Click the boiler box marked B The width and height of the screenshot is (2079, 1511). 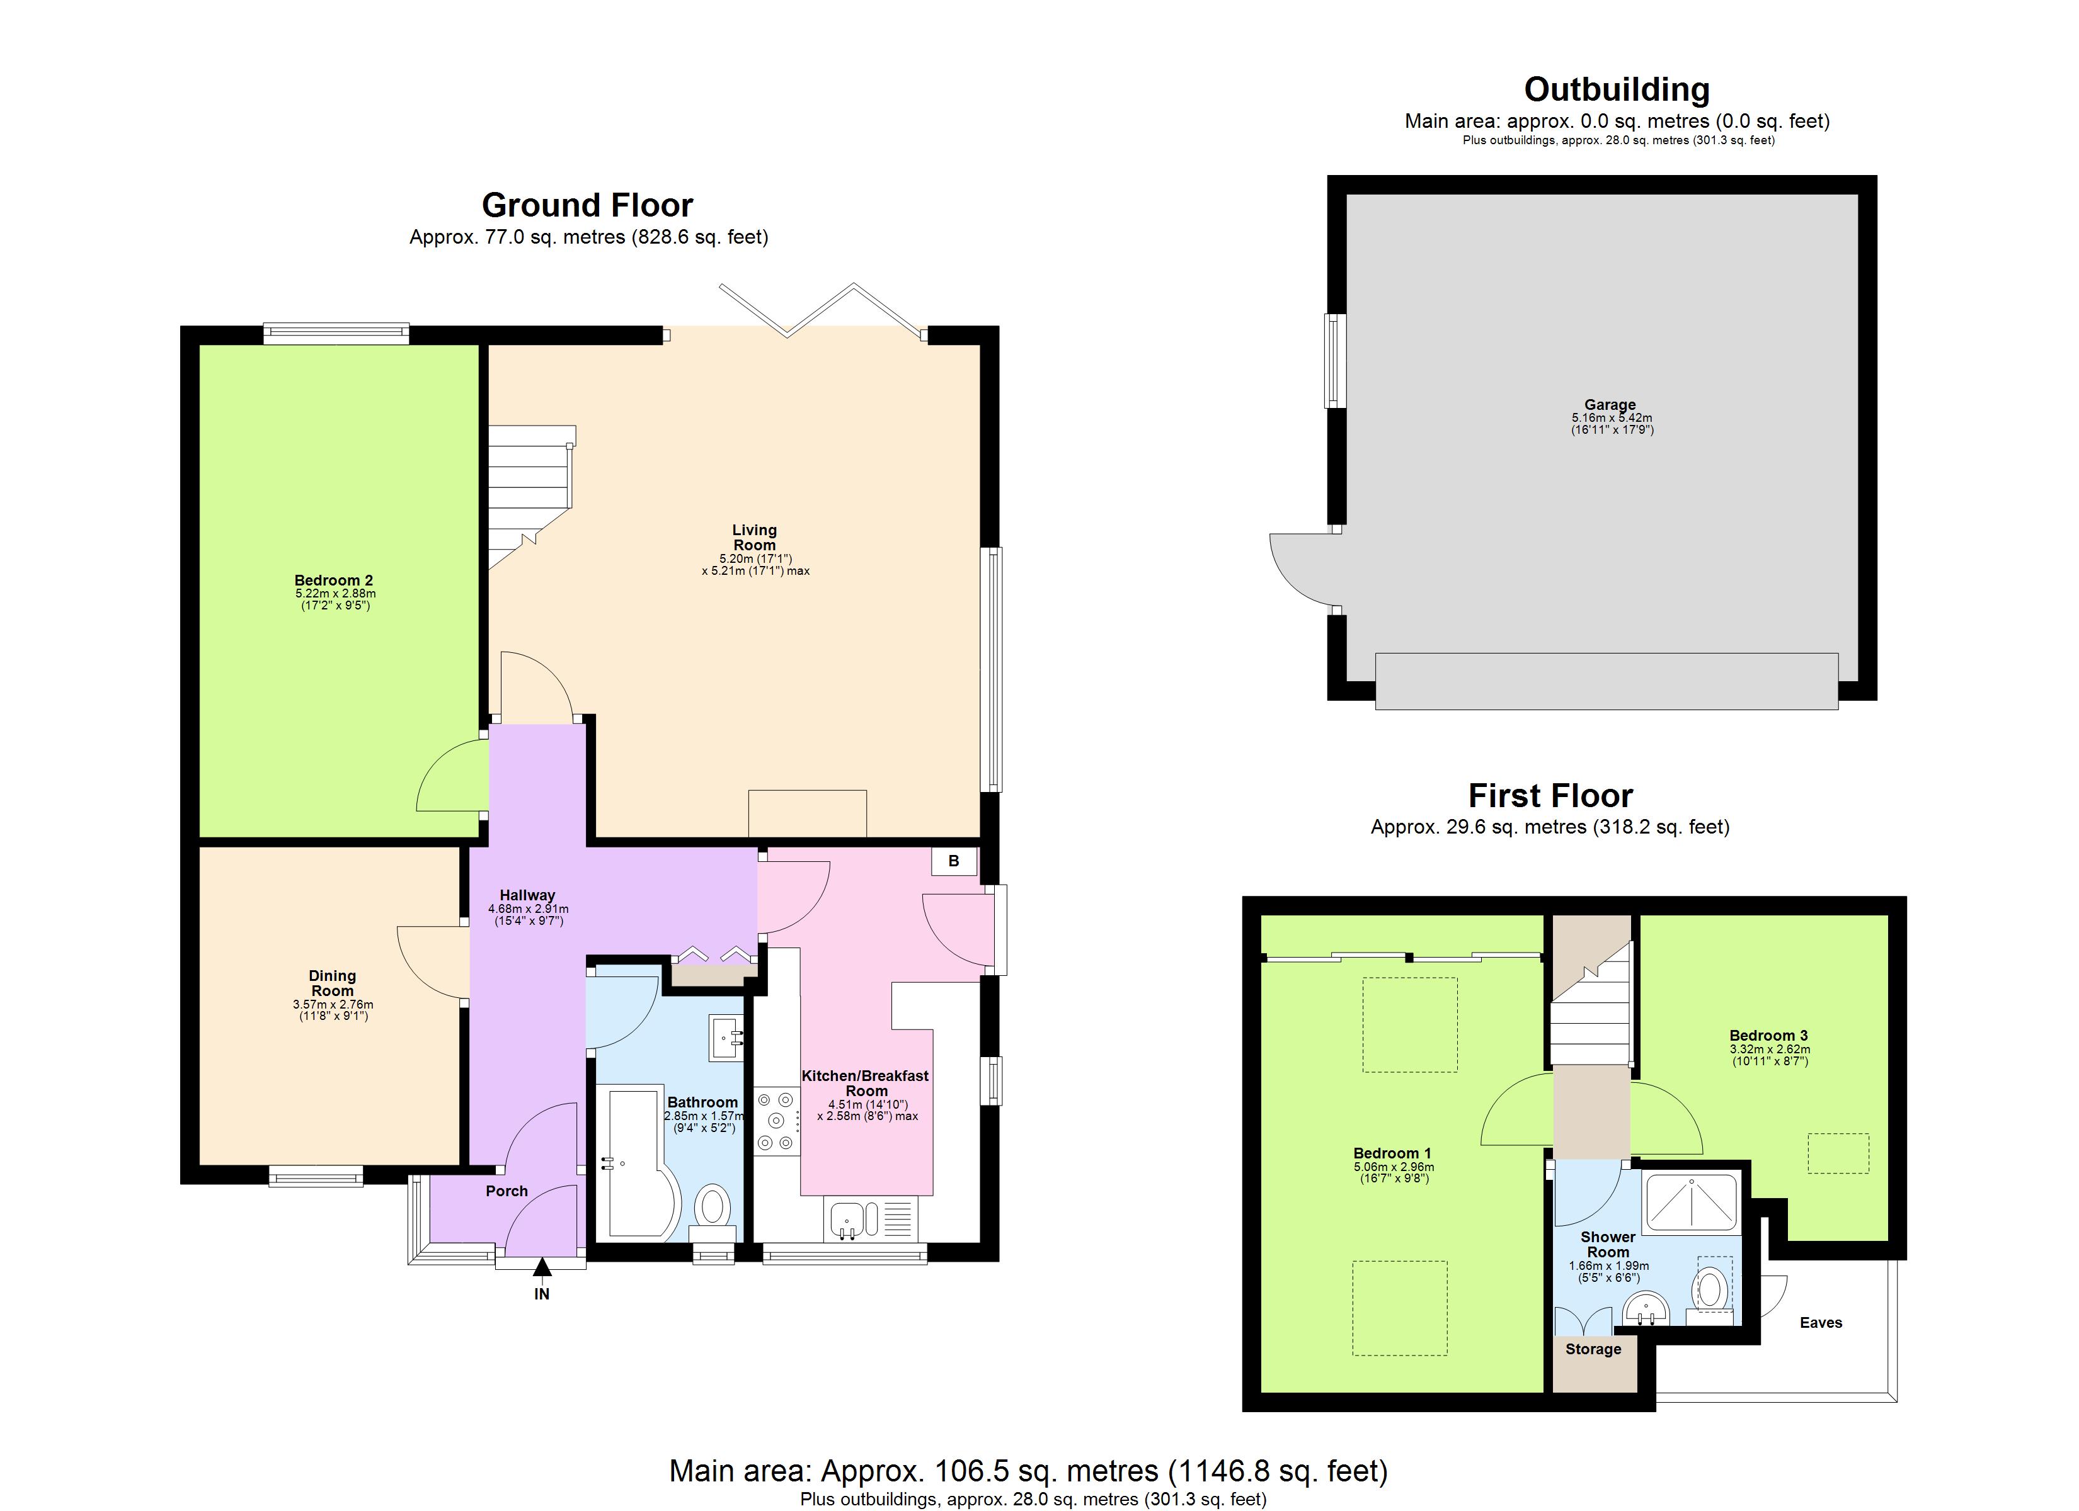[x=953, y=861]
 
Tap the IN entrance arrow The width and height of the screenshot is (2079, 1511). [x=542, y=1268]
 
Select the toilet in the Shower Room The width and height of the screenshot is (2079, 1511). [x=1710, y=1290]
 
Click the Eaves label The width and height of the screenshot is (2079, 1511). [x=1821, y=1322]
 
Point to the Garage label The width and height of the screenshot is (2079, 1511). [x=1610, y=404]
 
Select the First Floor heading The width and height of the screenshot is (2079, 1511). [x=1550, y=795]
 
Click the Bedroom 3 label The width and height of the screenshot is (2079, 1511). [x=1768, y=1036]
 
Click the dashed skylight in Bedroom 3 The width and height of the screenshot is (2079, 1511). [x=1837, y=1153]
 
